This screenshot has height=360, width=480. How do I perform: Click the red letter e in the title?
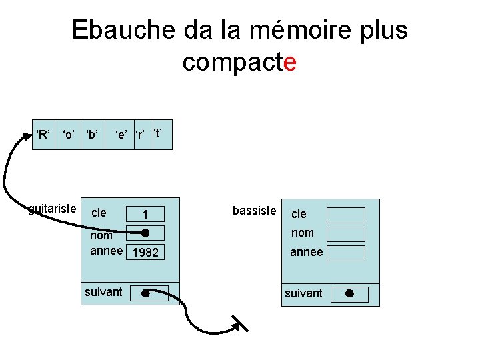[x=289, y=63]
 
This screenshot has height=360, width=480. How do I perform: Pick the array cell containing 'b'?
[x=92, y=135]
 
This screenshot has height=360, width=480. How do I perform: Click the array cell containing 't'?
[x=162, y=134]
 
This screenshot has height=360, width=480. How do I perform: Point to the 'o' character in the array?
[x=68, y=135]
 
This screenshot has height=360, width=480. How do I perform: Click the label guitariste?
[x=52, y=209]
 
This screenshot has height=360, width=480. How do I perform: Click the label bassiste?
[x=254, y=211]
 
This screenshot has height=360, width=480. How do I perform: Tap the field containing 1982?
[x=146, y=253]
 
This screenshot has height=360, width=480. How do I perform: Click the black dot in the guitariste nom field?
[x=145, y=233]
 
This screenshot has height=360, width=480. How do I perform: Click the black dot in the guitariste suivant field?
[x=145, y=292]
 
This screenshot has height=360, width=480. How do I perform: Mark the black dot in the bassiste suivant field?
[x=349, y=293]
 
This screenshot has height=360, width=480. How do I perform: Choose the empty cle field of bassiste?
[x=346, y=215]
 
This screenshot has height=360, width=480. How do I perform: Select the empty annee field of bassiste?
[x=346, y=253]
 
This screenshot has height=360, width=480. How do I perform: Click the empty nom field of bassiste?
[x=346, y=234]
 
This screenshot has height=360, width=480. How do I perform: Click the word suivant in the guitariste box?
[x=103, y=291]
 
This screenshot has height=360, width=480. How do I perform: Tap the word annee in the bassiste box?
[x=306, y=252]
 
